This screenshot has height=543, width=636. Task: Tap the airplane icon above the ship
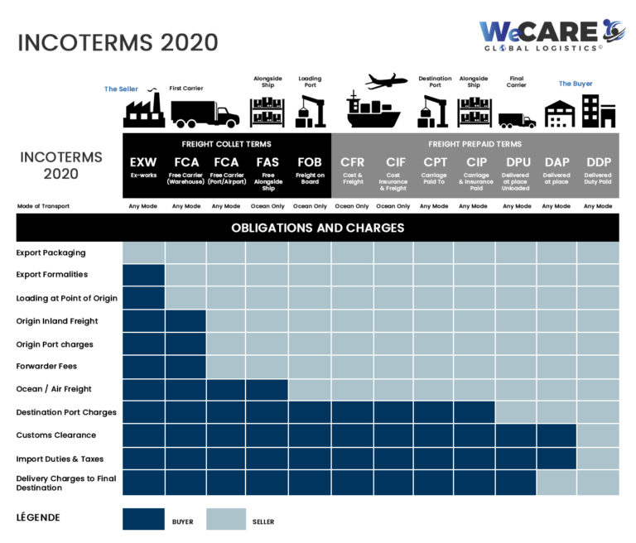pos(385,81)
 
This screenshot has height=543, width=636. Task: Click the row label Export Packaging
pos(51,252)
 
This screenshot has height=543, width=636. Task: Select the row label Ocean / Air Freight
pos(54,389)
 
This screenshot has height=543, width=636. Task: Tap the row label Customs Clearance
pos(55,435)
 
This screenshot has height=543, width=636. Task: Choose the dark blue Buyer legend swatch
pos(143,519)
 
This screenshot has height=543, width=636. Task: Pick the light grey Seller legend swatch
pos(226,519)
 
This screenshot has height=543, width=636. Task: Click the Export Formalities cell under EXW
pos(143,275)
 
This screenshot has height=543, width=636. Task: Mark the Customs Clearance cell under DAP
pos(556,435)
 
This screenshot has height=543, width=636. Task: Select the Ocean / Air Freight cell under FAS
pos(267,389)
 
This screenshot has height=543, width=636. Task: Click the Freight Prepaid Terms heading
pos(475,144)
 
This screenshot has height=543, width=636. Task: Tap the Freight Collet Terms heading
pos(226,144)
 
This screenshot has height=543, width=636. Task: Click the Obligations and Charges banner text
pos(318,228)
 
